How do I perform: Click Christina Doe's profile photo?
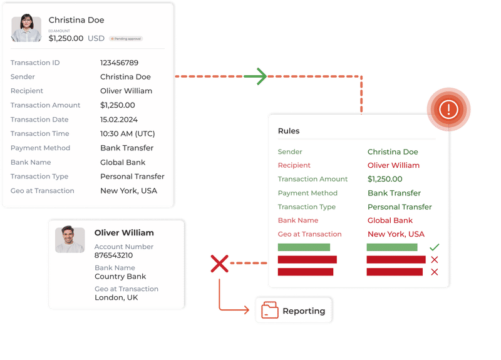tap(26, 29)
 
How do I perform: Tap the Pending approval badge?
tap(126, 39)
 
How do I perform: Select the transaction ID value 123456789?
tap(119, 63)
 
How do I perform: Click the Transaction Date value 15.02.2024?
tap(119, 120)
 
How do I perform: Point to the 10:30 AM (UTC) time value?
tap(127, 134)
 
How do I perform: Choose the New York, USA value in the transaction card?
tap(128, 191)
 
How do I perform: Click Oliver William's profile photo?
tap(70, 240)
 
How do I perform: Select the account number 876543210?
tap(113, 255)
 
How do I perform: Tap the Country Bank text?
tap(120, 277)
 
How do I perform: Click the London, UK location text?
tap(116, 298)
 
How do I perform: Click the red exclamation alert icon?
tap(448, 110)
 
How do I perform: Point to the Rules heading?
tap(289, 131)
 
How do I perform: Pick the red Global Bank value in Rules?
tap(390, 220)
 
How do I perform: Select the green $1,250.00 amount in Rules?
tap(385, 179)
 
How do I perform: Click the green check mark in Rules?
tap(435, 247)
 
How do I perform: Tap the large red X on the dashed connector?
tap(219, 264)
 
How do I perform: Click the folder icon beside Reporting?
tap(270, 311)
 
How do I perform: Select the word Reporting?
tap(304, 311)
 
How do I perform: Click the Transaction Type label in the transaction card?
tap(39, 177)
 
